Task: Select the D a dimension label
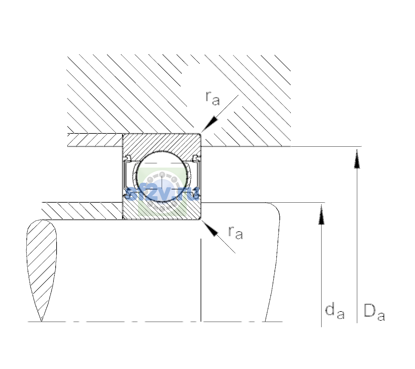pos(374,313)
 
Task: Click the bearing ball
pos(162,177)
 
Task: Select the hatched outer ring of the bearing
pos(162,143)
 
